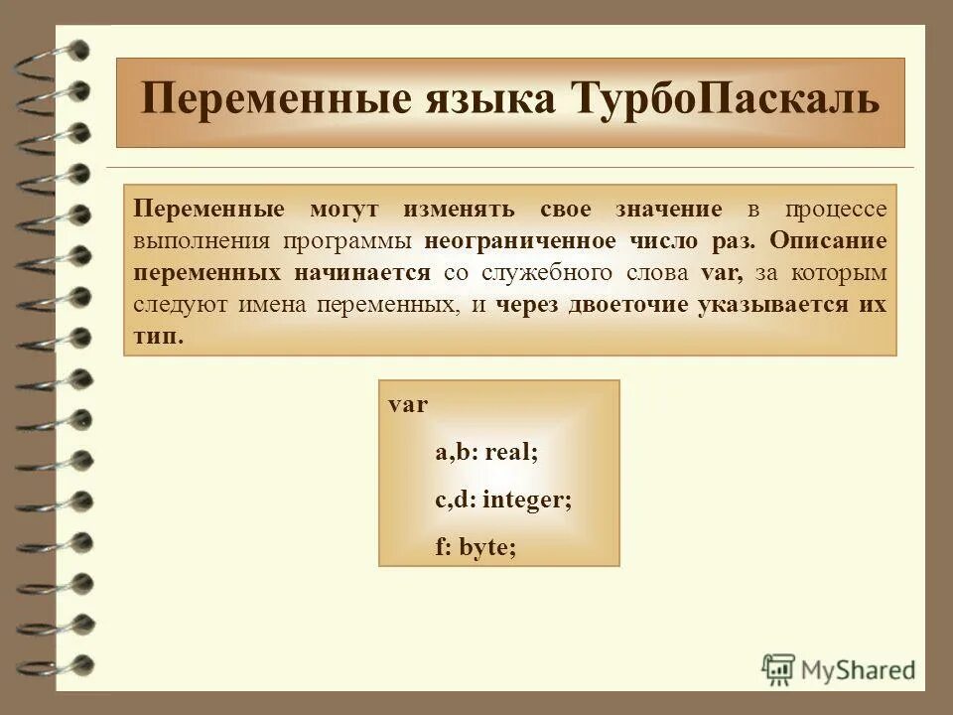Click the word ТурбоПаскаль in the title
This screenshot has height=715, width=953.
pyautogui.click(x=726, y=101)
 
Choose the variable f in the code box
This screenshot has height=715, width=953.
pyautogui.click(x=441, y=547)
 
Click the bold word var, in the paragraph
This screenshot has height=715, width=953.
pyautogui.click(x=722, y=273)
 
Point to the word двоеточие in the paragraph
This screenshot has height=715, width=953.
pyautogui.click(x=628, y=305)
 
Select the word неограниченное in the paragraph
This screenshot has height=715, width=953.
pyautogui.click(x=508, y=241)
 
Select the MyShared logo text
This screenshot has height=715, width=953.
pyautogui.click(x=859, y=670)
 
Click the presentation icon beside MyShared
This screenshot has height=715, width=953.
pyautogui.click(x=779, y=670)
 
